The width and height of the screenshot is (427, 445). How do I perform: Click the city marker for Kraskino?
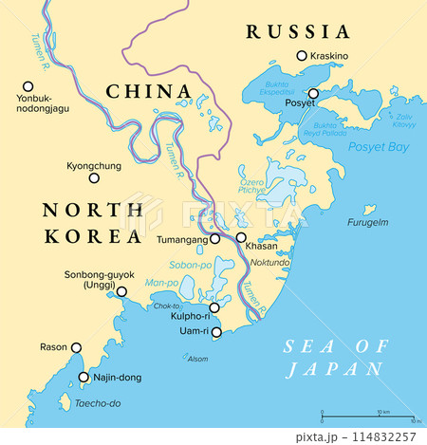click(x=302, y=56)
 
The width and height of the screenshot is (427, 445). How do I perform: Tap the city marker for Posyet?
click(x=313, y=94)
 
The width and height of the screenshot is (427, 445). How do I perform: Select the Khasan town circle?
click(x=241, y=238)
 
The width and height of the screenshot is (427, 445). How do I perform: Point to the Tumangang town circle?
click(x=215, y=239)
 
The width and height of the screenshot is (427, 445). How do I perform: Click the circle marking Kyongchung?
click(x=94, y=177)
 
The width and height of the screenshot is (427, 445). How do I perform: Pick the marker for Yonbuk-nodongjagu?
click(x=26, y=85)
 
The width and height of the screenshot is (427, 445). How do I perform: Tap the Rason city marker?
click(x=77, y=347)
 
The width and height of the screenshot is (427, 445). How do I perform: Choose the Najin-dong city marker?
click(x=84, y=377)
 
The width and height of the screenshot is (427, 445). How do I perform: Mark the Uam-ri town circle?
click(x=215, y=332)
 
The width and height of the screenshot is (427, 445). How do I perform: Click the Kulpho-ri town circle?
click(x=215, y=307)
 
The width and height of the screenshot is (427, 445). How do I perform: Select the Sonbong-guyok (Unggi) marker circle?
click(x=121, y=291)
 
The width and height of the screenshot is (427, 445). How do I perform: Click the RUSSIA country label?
click(x=297, y=32)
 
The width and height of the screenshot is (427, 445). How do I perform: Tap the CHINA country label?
click(x=146, y=92)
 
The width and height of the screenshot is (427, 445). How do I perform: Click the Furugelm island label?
click(x=368, y=222)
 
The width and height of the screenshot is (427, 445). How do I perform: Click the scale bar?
click(x=367, y=418)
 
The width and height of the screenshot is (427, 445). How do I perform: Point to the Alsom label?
click(x=196, y=359)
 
